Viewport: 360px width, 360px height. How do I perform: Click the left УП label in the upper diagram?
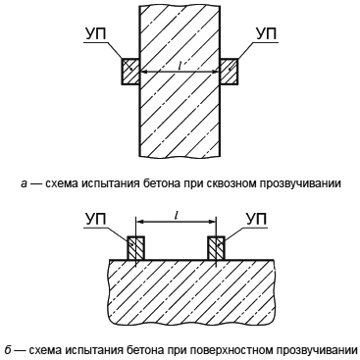click(x=96, y=34)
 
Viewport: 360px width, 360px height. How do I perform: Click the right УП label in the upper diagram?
click(x=266, y=34)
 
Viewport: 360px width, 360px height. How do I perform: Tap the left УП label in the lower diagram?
click(x=96, y=219)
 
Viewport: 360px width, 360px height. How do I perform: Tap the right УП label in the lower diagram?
click(x=256, y=219)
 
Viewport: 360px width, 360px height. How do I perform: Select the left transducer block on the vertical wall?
click(x=130, y=72)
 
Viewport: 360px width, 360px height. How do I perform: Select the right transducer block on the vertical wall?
click(x=229, y=72)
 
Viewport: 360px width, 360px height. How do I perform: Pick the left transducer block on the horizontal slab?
click(x=135, y=248)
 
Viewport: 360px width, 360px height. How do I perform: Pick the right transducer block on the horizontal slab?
click(x=216, y=248)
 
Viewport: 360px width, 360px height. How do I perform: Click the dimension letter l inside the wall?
click(x=180, y=66)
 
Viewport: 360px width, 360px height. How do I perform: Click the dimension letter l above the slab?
click(x=176, y=215)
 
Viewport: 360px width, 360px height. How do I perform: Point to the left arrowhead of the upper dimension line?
click(x=144, y=72)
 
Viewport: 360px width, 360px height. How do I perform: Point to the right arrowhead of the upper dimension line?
click(x=215, y=72)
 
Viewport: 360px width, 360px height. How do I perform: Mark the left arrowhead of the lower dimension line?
click(x=140, y=222)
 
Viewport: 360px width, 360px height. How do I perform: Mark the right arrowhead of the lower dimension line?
click(x=212, y=222)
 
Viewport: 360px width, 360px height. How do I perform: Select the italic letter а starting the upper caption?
click(x=24, y=184)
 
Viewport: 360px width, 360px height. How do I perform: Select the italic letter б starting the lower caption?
click(x=9, y=350)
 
